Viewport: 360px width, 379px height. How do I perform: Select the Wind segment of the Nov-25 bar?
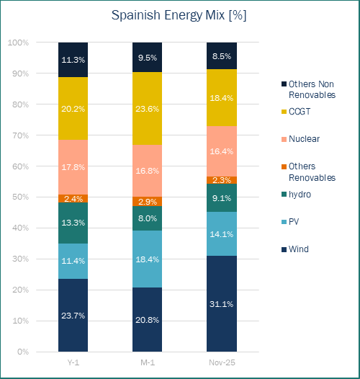(221, 303)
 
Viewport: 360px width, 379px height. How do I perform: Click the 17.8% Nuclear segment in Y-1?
(73, 166)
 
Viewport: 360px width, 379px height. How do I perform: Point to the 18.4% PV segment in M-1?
(148, 258)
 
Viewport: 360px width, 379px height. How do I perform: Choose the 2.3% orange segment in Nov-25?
(221, 180)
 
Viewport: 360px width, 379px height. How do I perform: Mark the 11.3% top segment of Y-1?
(73, 60)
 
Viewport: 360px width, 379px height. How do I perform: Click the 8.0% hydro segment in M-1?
(148, 218)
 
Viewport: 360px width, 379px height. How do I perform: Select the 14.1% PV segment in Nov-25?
(221, 233)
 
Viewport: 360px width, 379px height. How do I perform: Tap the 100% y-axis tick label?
(19, 43)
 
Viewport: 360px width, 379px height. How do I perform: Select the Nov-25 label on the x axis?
(221, 362)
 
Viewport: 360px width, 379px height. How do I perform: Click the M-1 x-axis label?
(148, 362)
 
